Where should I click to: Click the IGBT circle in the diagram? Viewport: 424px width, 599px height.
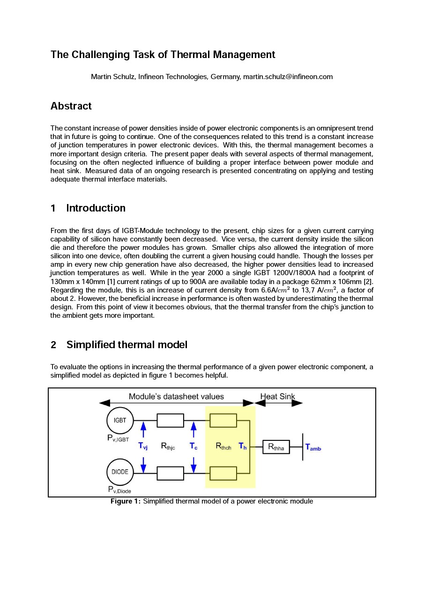pyautogui.click(x=120, y=420)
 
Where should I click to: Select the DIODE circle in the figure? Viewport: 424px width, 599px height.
pyautogui.click(x=120, y=472)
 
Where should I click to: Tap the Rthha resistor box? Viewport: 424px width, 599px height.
pyautogui.click(x=276, y=447)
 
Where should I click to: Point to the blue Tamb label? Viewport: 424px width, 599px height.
pyautogui.click(x=313, y=447)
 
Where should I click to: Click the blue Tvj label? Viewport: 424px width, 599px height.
pyautogui.click(x=143, y=446)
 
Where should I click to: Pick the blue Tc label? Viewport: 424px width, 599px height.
pyautogui.click(x=193, y=446)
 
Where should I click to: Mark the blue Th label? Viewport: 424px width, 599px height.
pyautogui.click(x=243, y=446)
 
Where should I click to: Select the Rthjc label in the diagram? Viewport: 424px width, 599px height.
pyautogui.click(x=168, y=446)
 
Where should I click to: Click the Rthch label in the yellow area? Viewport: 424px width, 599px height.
pyautogui.click(x=223, y=446)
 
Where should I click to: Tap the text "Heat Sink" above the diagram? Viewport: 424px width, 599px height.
pyautogui.click(x=277, y=396)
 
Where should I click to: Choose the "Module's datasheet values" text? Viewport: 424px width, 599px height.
pyautogui.click(x=176, y=396)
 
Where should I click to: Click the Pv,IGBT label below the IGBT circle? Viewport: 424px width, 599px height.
pyautogui.click(x=118, y=438)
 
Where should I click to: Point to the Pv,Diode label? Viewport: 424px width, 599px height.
pyautogui.click(x=119, y=489)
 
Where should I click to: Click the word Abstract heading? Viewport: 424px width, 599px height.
pyautogui.click(x=71, y=106)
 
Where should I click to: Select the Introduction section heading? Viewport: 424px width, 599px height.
pyautogui.click(x=96, y=208)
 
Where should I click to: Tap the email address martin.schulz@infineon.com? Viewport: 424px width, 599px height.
pyautogui.click(x=288, y=77)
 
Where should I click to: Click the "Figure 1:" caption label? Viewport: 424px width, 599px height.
pyautogui.click(x=125, y=502)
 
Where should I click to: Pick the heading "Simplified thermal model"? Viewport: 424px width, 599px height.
pyautogui.click(x=126, y=345)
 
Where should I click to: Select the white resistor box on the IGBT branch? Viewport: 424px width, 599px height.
pyautogui.click(x=170, y=420)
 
